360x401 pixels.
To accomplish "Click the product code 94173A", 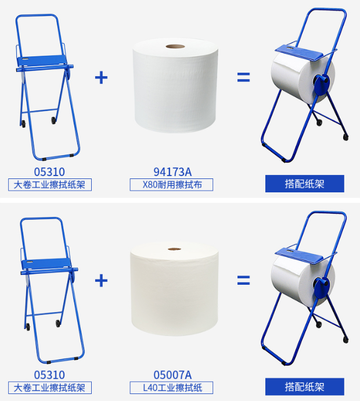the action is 172,172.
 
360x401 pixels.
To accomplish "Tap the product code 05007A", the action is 172,375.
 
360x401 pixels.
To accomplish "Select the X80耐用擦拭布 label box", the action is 171,185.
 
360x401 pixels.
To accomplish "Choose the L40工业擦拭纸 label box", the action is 171,388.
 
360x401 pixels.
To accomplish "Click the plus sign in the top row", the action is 101,77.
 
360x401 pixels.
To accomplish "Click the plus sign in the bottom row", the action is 101,281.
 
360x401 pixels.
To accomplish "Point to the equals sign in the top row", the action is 243,77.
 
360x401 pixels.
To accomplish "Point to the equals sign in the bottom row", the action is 243,280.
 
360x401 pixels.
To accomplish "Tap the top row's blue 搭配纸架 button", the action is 305,184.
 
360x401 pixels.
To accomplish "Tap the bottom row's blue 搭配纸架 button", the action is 305,386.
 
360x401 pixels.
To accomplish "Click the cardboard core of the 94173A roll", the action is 175,46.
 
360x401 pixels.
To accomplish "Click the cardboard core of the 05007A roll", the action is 175,249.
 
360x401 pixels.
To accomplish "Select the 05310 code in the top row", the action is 49,172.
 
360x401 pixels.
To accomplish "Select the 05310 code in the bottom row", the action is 49,375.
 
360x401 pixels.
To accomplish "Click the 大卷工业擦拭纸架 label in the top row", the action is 50,185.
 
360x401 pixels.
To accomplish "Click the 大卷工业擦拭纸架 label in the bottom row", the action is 50,388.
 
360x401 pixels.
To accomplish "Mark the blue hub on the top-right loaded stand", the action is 321,83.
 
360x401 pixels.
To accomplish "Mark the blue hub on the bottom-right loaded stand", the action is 321,287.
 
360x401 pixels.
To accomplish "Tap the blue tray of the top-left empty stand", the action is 42,61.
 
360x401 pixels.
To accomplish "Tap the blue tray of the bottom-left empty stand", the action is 46,263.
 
